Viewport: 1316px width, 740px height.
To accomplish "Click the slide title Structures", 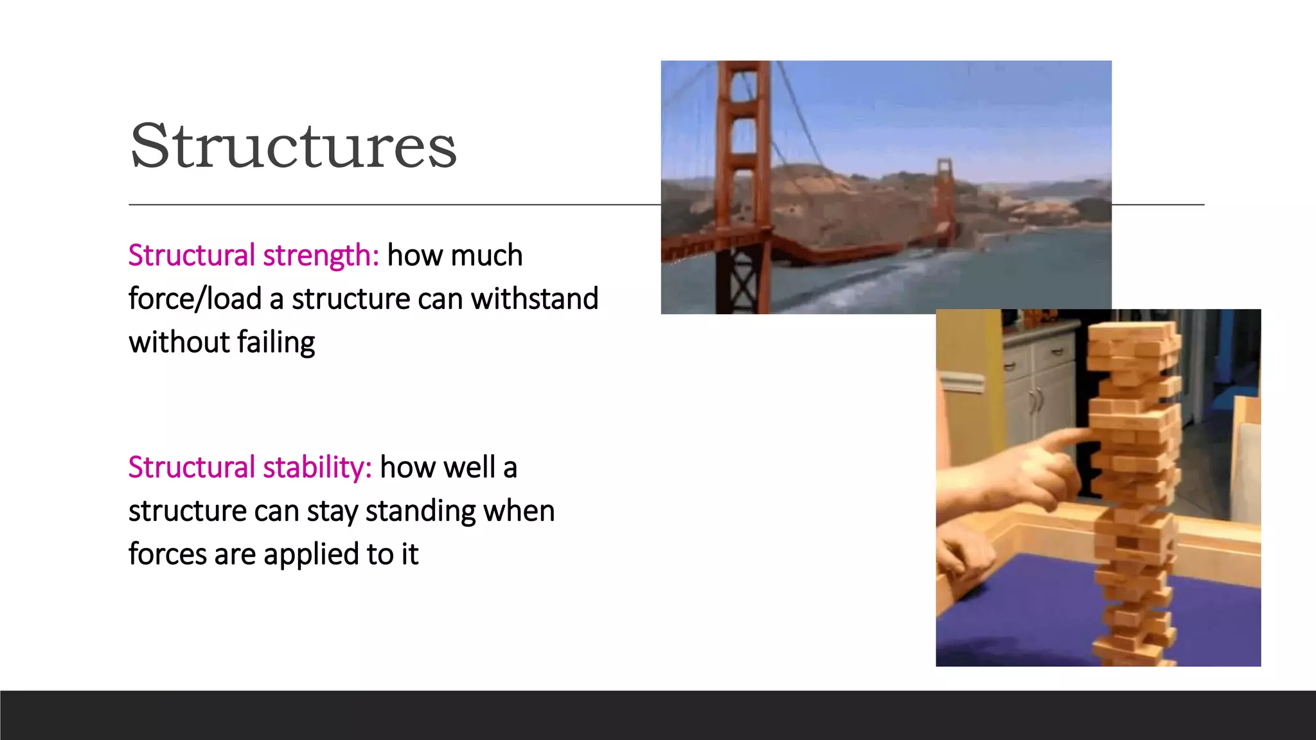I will (x=293, y=146).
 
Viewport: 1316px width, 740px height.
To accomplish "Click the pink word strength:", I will (x=321, y=256).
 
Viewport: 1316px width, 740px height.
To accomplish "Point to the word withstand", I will (x=534, y=299).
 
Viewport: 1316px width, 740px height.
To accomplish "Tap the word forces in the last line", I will (x=167, y=554).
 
